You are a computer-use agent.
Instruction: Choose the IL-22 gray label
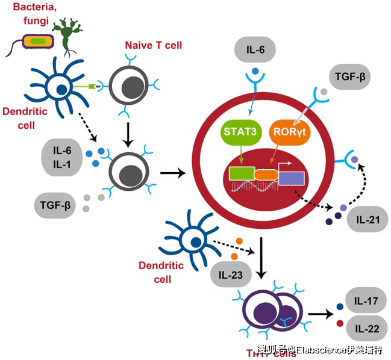click(x=366, y=328)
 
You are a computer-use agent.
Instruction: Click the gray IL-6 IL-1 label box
click(x=61, y=157)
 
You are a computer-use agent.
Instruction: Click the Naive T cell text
click(x=153, y=45)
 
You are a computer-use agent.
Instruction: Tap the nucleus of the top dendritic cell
click(x=61, y=90)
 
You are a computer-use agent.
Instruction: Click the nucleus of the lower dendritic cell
click(x=195, y=244)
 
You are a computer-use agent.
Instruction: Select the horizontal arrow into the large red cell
click(x=173, y=174)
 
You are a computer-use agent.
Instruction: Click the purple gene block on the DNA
click(x=291, y=178)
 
